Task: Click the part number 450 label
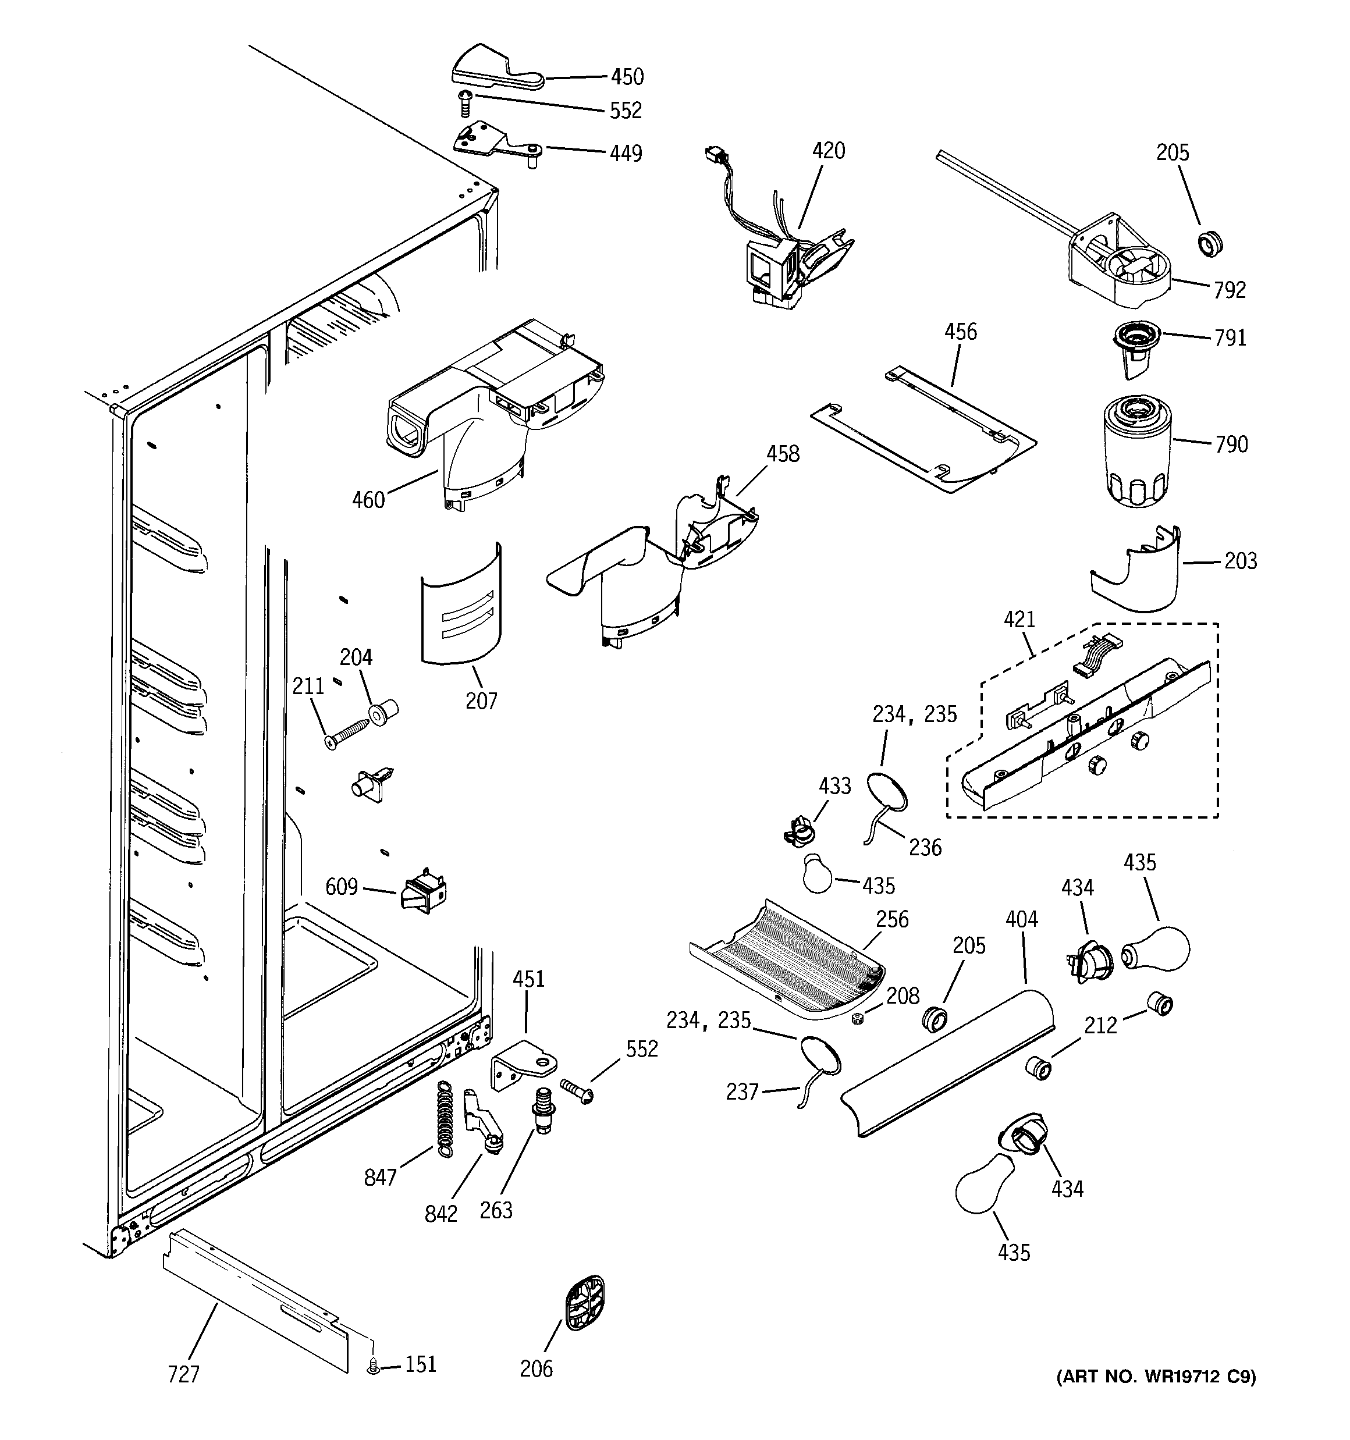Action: click(x=627, y=77)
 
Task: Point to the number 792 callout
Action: click(x=1230, y=290)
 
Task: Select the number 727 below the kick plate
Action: click(x=183, y=1374)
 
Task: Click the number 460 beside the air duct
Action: click(x=368, y=500)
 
